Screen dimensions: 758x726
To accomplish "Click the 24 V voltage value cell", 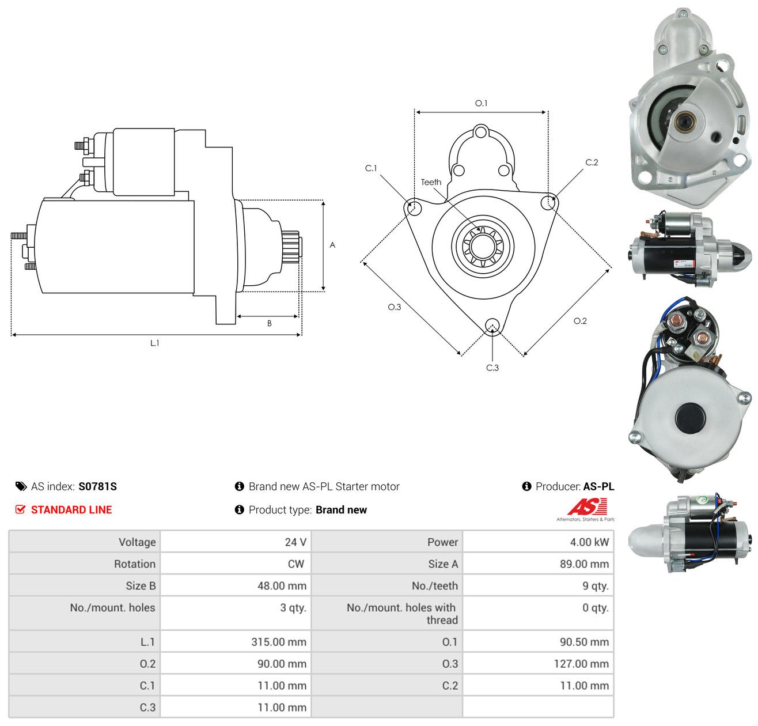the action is [295, 542].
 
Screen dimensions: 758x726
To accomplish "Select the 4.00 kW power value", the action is [589, 542].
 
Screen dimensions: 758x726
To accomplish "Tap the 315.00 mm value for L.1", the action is [279, 641].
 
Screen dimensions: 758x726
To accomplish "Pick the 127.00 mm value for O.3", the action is [581, 663].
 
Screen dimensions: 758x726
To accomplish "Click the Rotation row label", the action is [134, 564].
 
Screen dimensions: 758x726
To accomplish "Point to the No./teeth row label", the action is [435, 585].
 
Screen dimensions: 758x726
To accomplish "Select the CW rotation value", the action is [295, 564].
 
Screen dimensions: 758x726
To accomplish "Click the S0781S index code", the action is [97, 486].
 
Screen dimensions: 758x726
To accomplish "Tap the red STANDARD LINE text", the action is [71, 509].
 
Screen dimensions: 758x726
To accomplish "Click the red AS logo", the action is [586, 506].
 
